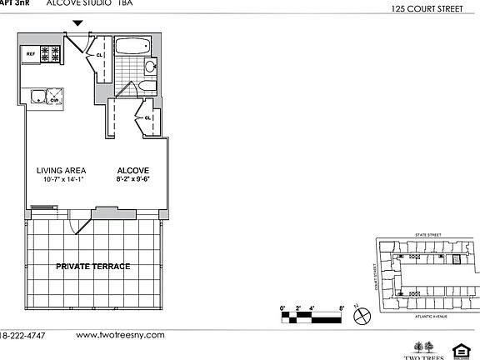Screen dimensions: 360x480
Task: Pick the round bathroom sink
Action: (151, 67)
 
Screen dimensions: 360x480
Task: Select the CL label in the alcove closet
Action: (147, 117)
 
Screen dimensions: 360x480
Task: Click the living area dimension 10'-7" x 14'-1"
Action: (62, 178)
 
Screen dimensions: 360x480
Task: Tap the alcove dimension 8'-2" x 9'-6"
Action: (132, 178)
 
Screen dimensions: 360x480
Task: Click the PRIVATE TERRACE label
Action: (92, 266)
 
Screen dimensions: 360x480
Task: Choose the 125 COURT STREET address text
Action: (433, 10)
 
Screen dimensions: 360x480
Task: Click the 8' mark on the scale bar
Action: (342, 308)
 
